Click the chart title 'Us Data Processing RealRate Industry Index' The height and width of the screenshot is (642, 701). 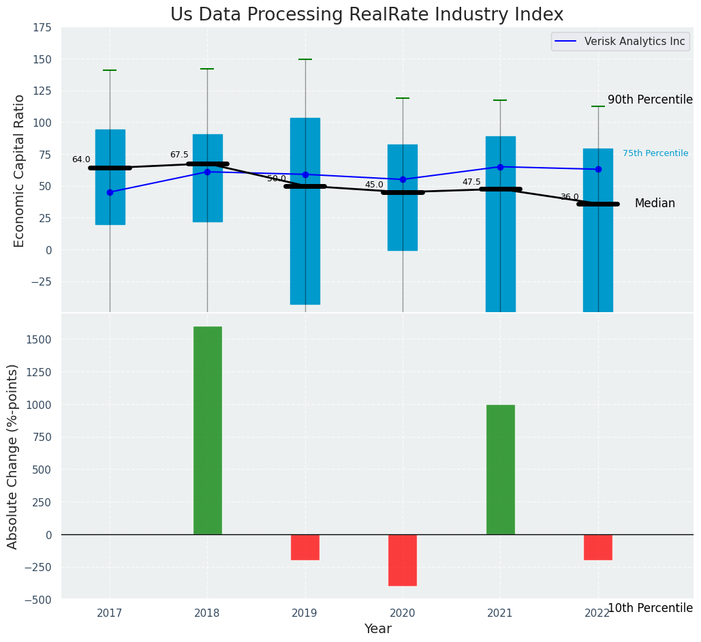(x=367, y=15)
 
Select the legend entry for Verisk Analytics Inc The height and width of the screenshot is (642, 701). (x=619, y=42)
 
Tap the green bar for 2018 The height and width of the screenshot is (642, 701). (x=207, y=430)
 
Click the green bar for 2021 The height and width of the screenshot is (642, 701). (x=500, y=470)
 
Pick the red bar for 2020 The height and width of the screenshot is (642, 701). (x=403, y=560)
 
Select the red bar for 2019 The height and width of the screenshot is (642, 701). (x=305, y=547)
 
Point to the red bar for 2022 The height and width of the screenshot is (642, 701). (x=597, y=547)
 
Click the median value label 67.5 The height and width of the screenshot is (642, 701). (x=179, y=155)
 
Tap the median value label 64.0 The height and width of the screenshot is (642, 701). (x=81, y=159)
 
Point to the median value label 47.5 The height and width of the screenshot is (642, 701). (x=471, y=182)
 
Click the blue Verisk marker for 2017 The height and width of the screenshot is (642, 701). (x=110, y=192)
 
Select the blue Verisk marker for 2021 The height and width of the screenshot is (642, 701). (x=500, y=167)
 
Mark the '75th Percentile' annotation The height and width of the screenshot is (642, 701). (x=655, y=153)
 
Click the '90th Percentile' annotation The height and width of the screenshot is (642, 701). (x=649, y=100)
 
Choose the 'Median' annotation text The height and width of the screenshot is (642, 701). (x=655, y=204)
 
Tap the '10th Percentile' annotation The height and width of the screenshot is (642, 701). (x=649, y=608)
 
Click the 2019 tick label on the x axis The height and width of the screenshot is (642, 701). (x=305, y=613)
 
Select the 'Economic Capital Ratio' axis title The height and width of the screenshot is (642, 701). (x=20, y=170)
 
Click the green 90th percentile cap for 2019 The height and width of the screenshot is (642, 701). (x=305, y=59)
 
